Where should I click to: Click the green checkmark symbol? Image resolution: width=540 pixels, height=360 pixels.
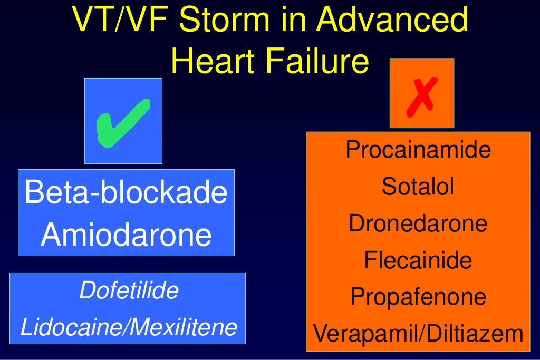point(123,121)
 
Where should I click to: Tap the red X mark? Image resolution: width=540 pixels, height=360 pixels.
point(422,96)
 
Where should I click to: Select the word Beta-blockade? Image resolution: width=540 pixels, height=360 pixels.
point(126,192)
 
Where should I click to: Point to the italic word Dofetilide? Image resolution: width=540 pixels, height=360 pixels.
point(128,291)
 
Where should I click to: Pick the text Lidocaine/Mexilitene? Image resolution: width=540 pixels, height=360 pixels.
point(128,327)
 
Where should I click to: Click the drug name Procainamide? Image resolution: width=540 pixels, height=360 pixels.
point(418,150)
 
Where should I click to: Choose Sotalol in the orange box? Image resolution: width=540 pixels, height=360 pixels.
point(418,187)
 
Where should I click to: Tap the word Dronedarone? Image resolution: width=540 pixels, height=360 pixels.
point(418,223)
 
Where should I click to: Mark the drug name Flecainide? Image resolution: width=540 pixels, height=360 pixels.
point(418,260)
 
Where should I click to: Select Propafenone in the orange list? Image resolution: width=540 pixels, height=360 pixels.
point(418,297)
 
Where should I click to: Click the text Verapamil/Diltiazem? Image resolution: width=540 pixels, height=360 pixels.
point(418,333)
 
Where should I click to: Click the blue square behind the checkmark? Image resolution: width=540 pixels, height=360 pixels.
point(95,153)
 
